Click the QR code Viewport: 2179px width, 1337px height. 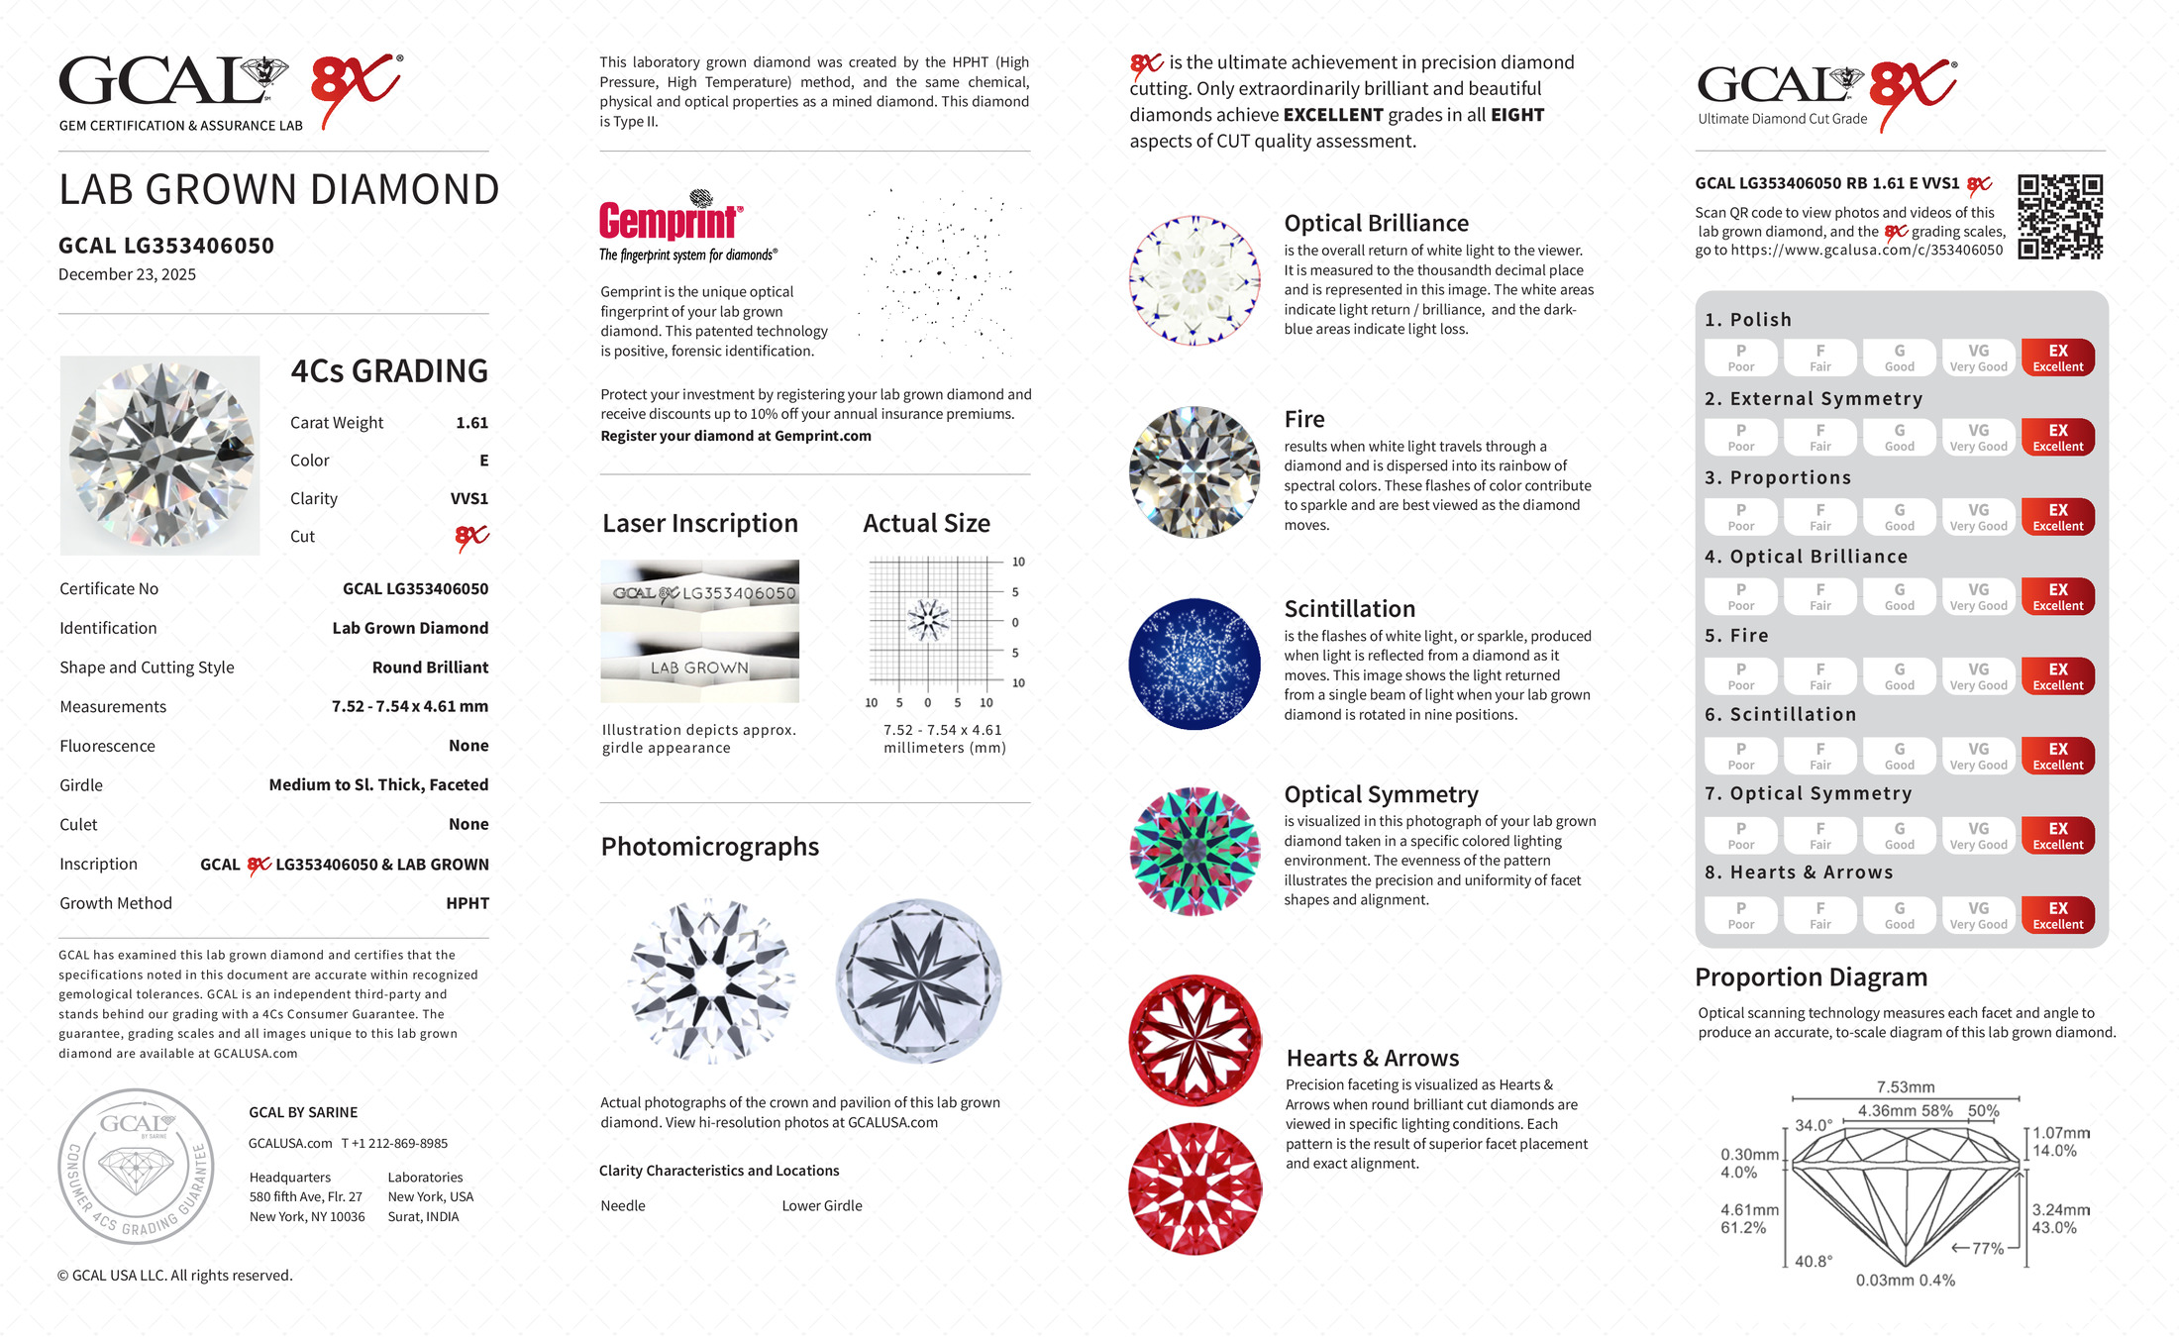[x=2060, y=217]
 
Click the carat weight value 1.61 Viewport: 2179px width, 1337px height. [x=471, y=423]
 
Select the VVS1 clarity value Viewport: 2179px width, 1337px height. [x=468, y=499]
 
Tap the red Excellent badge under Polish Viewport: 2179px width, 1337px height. [x=2057, y=358]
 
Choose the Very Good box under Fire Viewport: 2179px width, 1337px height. [x=1978, y=676]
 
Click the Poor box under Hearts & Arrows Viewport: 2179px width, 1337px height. [x=1740, y=915]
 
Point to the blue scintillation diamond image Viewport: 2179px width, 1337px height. [x=1194, y=664]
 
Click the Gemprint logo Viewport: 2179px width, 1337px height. [x=671, y=222]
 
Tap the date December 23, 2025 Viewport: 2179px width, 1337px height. [x=127, y=274]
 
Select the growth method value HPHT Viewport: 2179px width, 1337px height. [x=467, y=903]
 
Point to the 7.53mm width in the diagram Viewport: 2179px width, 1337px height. [x=1905, y=1086]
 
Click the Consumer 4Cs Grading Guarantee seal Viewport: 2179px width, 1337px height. [x=136, y=1167]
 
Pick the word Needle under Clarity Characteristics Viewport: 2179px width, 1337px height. [x=622, y=1205]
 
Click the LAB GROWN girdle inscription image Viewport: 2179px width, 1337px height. [x=699, y=668]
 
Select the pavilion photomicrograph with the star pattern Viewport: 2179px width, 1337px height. [x=918, y=980]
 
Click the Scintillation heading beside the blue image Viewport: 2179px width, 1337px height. [x=1349, y=609]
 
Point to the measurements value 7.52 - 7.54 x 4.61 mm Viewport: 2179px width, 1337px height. [x=409, y=706]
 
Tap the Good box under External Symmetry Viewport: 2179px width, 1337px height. [x=1899, y=437]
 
